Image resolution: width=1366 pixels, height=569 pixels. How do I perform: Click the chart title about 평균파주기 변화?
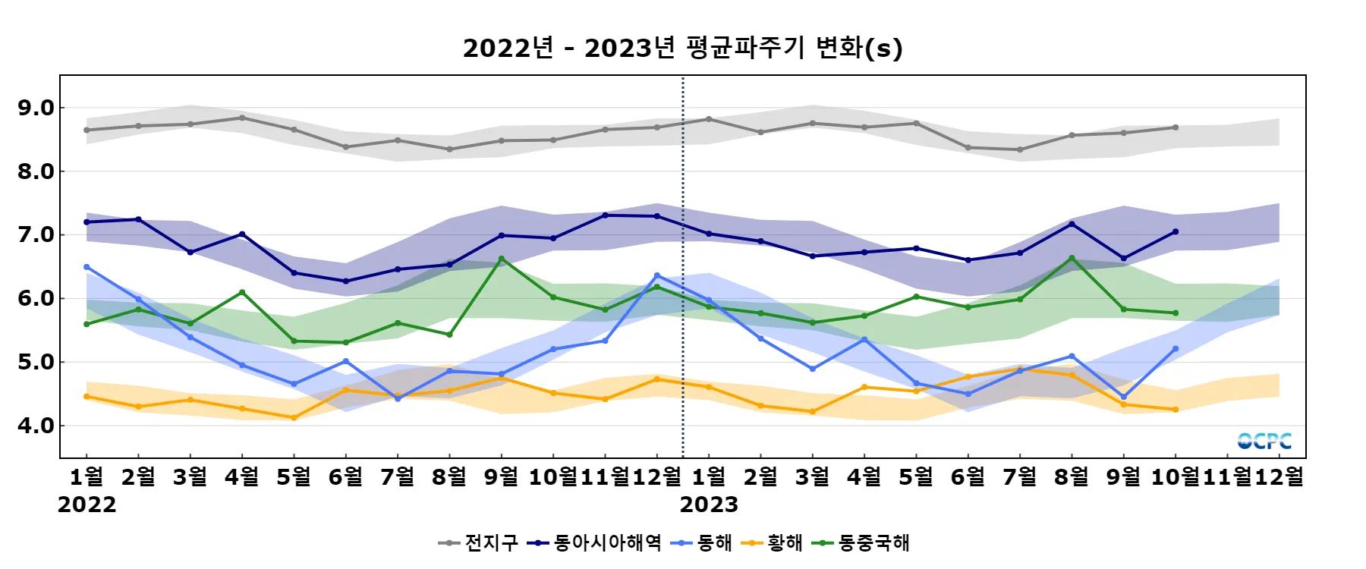tap(682, 48)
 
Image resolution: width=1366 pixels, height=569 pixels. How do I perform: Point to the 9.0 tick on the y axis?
tap(36, 108)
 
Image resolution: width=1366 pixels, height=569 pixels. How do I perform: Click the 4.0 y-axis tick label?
tap(36, 426)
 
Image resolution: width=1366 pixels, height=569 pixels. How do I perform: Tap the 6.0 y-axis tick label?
tap(36, 298)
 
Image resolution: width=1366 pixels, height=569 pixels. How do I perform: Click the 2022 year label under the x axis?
tap(87, 505)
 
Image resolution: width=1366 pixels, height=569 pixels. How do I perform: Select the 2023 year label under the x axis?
tap(709, 505)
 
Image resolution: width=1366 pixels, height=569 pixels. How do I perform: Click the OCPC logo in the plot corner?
tap(1264, 441)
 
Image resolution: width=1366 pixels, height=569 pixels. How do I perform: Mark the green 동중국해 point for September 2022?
tap(501, 259)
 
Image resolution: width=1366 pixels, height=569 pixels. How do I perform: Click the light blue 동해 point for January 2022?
tap(87, 267)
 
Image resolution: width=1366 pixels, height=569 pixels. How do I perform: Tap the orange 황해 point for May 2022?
tap(294, 417)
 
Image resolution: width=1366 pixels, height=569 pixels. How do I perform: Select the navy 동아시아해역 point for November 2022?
tap(605, 215)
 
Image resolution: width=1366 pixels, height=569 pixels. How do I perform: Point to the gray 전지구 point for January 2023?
tap(709, 119)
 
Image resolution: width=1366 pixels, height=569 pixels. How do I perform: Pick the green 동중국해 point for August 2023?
tap(1072, 258)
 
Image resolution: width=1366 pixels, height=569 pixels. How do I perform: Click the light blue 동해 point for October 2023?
tap(1176, 349)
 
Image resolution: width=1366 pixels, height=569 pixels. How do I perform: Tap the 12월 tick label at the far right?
tap(1279, 476)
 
